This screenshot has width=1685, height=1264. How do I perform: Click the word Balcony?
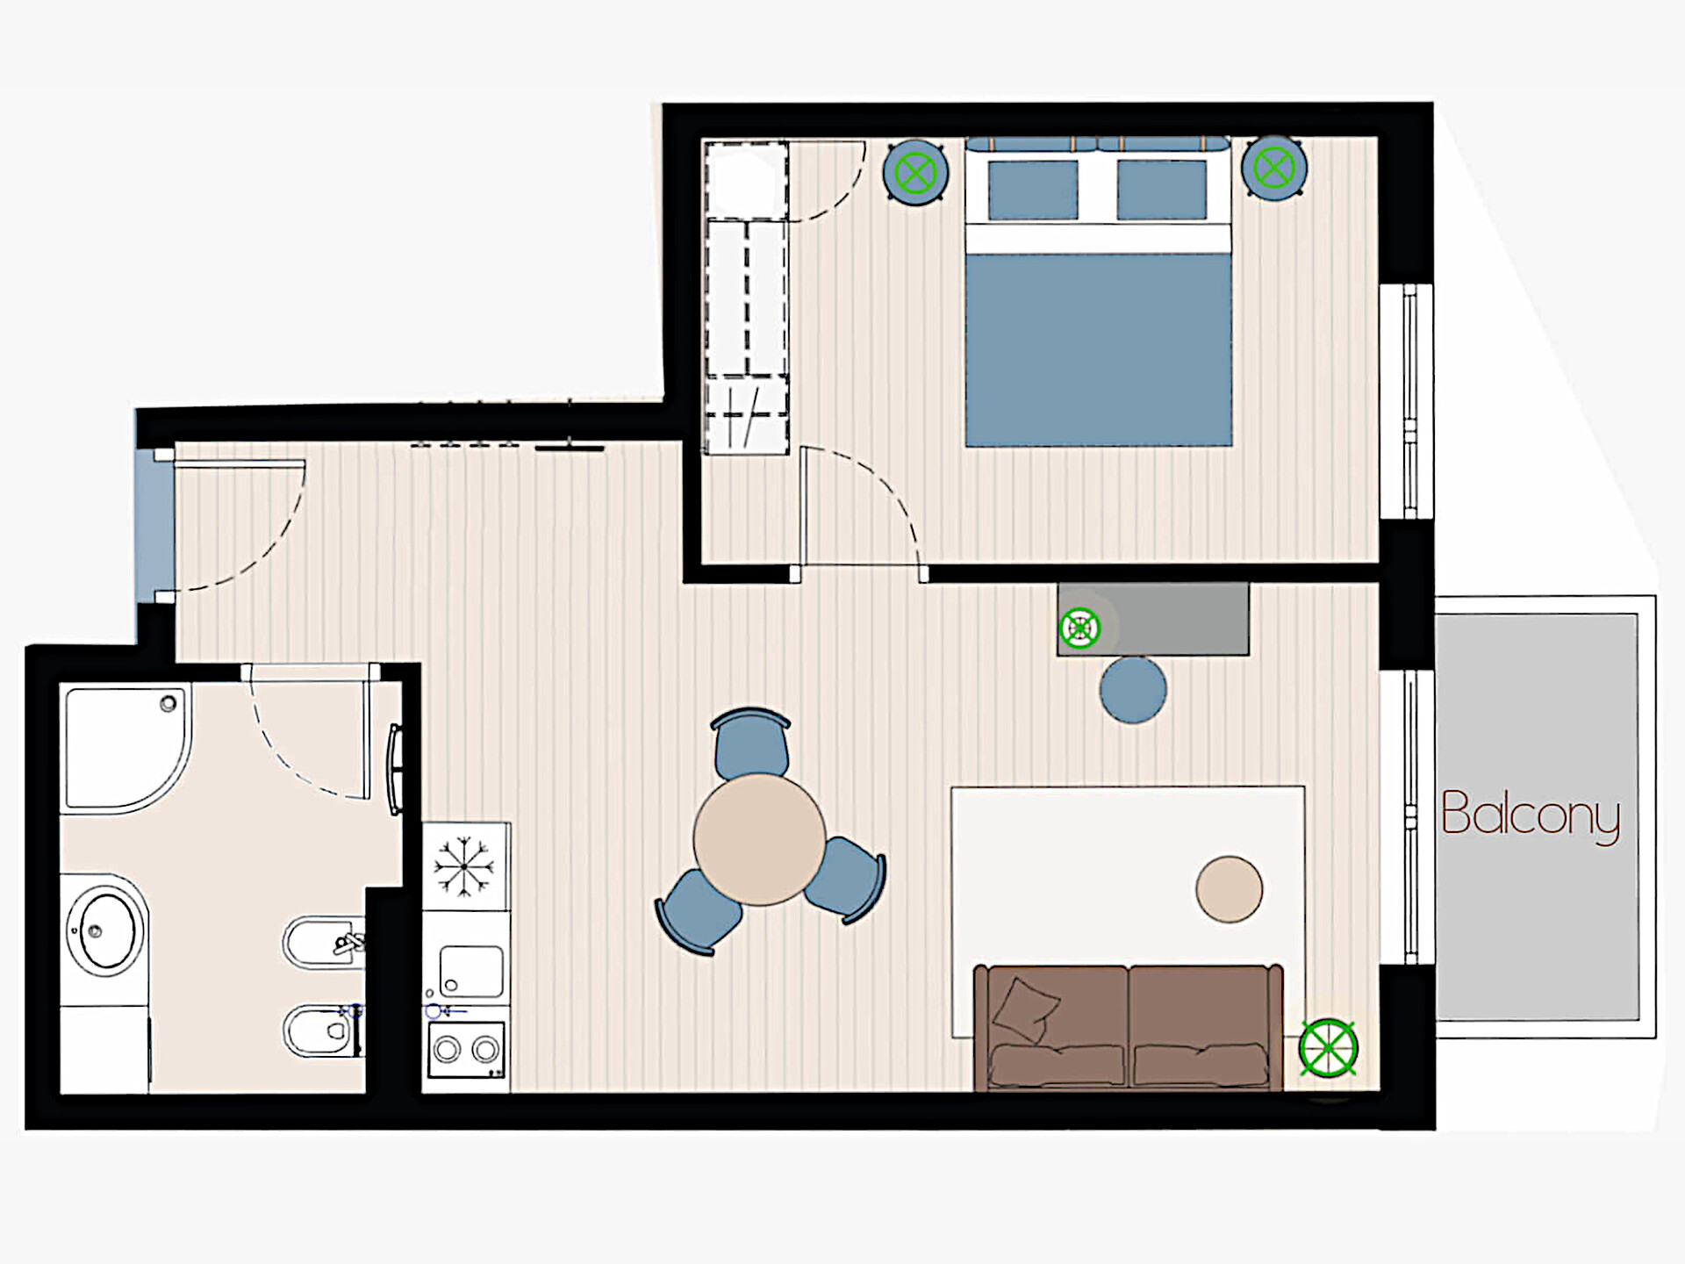tap(1531, 815)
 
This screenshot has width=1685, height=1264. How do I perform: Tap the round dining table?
tap(759, 839)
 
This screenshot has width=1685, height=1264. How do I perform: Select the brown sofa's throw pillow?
tap(1026, 1009)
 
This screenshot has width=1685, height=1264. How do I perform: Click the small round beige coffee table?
tap(1230, 889)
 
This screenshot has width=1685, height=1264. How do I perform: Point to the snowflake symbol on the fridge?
tap(464, 866)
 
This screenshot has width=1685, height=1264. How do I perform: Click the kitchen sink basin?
tap(471, 972)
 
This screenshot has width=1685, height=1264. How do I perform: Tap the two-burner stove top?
tap(466, 1049)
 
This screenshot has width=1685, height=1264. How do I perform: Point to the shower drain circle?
tap(168, 703)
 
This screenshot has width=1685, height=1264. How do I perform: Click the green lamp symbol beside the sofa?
tap(1328, 1048)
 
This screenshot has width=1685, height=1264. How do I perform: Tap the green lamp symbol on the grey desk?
tap(1079, 628)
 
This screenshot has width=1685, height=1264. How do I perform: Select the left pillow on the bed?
tap(1033, 190)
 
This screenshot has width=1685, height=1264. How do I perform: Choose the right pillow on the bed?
tap(1162, 190)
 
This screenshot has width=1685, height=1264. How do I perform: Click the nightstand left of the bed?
tap(915, 173)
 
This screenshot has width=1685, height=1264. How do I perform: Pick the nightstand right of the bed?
tap(1274, 168)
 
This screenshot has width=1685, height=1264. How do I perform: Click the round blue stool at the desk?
tap(1133, 690)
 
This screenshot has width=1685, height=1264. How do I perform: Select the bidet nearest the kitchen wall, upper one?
tap(324, 943)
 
